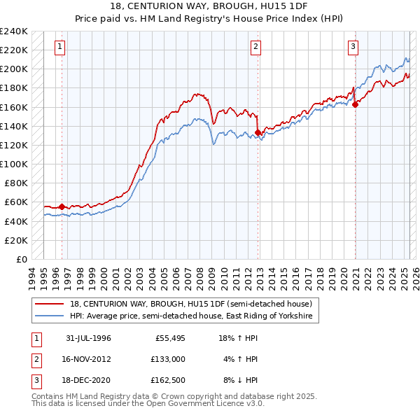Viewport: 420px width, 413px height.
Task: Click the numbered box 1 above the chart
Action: [60, 47]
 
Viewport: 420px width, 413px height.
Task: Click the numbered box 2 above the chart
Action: [256, 47]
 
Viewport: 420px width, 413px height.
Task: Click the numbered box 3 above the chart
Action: [353, 47]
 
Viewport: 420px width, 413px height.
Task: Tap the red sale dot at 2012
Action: [258, 132]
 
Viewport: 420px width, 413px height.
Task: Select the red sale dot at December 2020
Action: [356, 104]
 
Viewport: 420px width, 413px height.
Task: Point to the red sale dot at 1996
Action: [62, 206]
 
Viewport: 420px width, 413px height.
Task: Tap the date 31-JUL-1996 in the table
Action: [89, 338]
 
